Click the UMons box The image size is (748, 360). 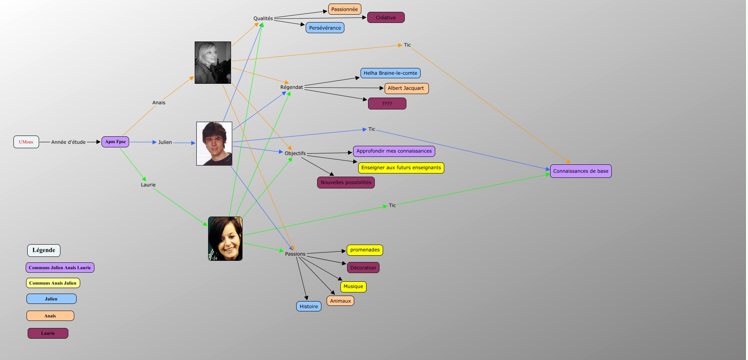[26, 142]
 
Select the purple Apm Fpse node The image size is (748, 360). [115, 141]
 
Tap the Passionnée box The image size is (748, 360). [344, 9]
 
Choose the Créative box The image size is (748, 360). [386, 17]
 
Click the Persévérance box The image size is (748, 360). [325, 28]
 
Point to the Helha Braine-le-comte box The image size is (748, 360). [390, 73]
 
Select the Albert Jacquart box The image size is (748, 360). [406, 88]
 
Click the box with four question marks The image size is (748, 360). [387, 104]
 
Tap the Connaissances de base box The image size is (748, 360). [581, 171]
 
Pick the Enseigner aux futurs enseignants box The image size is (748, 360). [401, 168]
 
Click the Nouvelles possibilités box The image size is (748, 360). [346, 183]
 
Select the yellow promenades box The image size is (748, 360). [365, 250]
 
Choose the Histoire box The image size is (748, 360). [308, 306]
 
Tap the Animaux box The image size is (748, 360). [340, 301]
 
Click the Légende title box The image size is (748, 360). [44, 250]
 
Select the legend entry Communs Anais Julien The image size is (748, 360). [53, 283]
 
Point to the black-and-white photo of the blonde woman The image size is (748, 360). [213, 62]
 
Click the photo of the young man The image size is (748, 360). [214, 143]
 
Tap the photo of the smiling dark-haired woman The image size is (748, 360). [225, 239]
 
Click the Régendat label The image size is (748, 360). [291, 87]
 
